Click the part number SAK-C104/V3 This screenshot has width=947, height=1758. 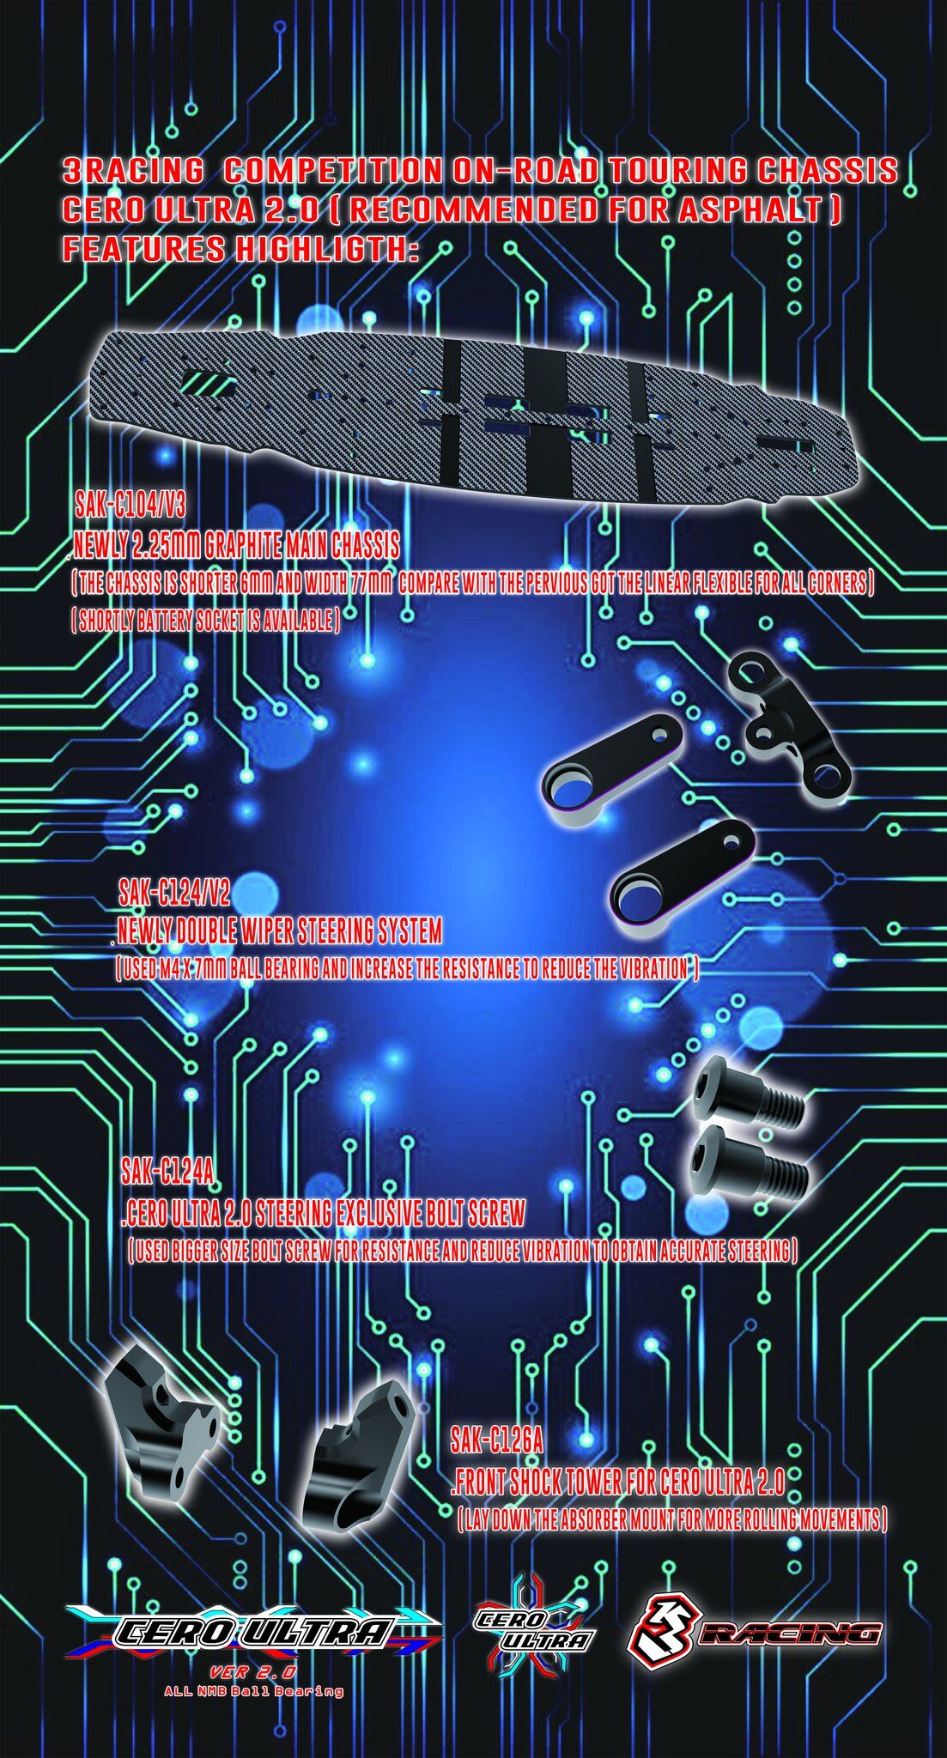130,505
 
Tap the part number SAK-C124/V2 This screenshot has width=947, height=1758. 175,894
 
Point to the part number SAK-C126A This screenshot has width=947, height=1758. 497,1440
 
